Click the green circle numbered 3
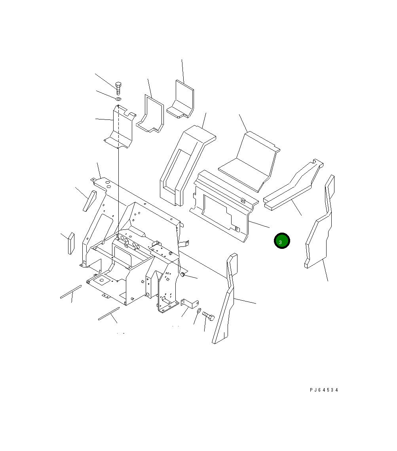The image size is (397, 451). [282, 241]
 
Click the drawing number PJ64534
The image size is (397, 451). [324, 390]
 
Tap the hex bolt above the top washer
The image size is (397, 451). [118, 88]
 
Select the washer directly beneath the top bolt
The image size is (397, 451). [118, 98]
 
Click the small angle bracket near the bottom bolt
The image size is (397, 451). [189, 303]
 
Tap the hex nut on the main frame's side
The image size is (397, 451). [183, 274]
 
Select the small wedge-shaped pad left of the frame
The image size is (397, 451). [89, 201]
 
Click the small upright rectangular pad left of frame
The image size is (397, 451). [71, 243]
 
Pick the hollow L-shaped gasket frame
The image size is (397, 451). [150, 114]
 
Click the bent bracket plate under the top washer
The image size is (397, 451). [120, 127]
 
